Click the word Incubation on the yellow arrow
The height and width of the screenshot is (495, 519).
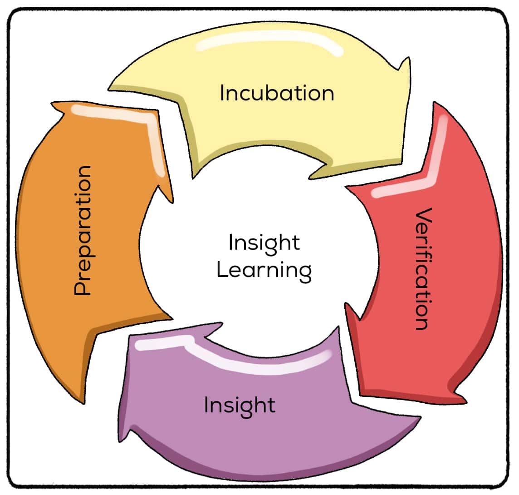click(x=277, y=93)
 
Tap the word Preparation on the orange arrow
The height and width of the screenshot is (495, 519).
click(x=83, y=231)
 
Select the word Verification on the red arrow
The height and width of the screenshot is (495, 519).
click(x=421, y=269)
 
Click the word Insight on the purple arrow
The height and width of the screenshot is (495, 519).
click(x=240, y=405)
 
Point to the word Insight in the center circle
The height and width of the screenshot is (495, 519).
click(x=264, y=243)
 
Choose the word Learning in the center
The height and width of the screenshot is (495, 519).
click(x=264, y=270)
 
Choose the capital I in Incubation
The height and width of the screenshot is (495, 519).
click(x=222, y=93)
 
